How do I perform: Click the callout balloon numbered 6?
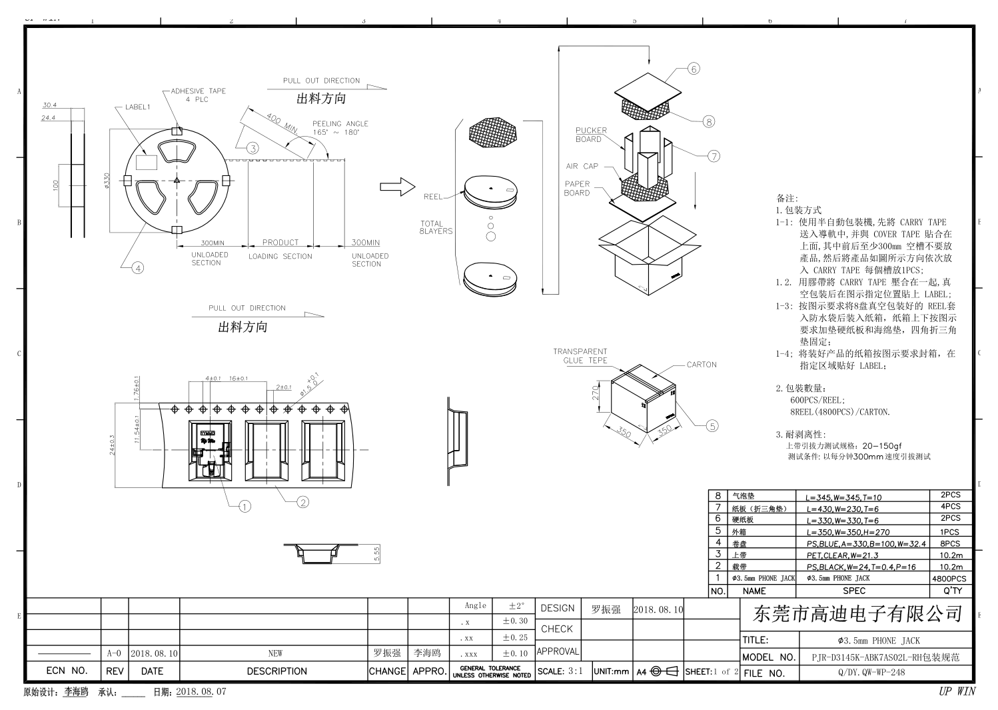coord(694,69)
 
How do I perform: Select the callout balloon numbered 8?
coord(709,121)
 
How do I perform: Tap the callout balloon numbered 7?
coord(714,156)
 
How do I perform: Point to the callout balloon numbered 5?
coord(712,426)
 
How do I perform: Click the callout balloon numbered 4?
coord(137,268)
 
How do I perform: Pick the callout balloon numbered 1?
coord(245,507)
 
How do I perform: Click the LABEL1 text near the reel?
coord(138,107)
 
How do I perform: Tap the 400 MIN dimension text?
coord(282,123)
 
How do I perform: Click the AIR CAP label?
coord(582,166)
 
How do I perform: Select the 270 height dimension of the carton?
coord(597,393)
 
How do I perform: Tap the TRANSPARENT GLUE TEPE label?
coord(580,356)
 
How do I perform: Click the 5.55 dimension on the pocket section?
coord(377,554)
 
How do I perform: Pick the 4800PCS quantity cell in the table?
coord(949,579)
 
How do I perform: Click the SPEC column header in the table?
coord(854,591)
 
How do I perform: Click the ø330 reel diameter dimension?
coord(106,181)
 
